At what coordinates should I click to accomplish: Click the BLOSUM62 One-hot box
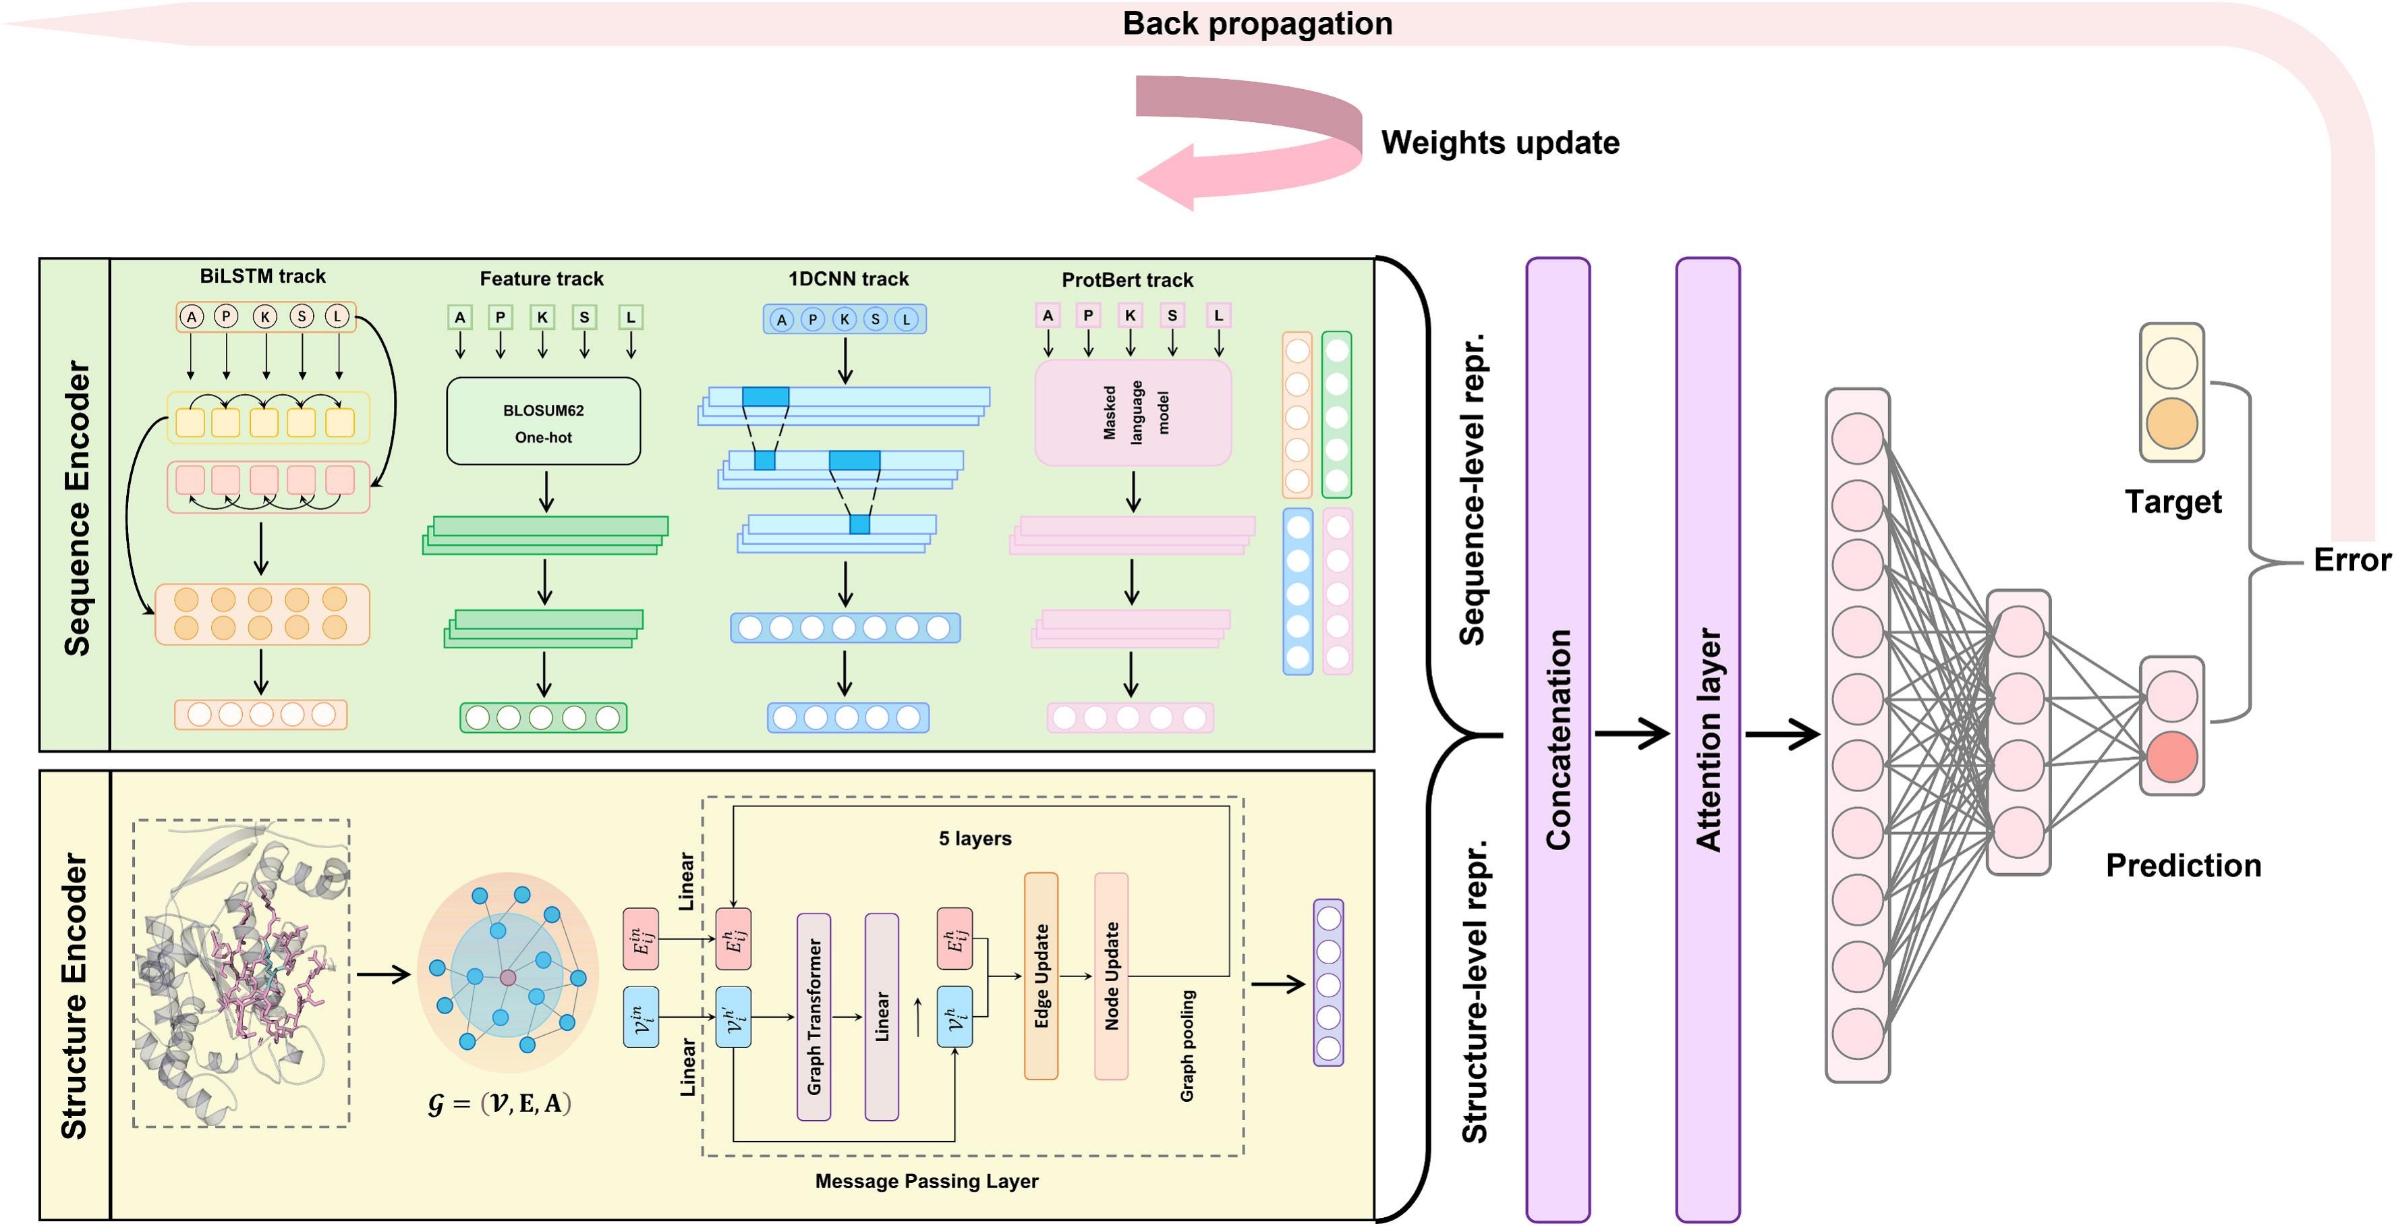point(543,421)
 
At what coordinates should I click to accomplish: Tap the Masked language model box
point(1133,412)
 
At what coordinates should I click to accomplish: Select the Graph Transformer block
point(814,1016)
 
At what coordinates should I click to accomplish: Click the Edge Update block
point(1041,975)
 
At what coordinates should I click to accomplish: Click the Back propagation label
point(1257,23)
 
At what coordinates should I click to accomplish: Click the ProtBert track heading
point(1127,280)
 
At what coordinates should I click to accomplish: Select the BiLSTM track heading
point(262,276)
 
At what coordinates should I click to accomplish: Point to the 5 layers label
point(974,839)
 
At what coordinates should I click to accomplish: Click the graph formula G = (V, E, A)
point(499,1103)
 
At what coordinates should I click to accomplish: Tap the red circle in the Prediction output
point(2172,756)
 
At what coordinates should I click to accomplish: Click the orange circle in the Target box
point(2172,423)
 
